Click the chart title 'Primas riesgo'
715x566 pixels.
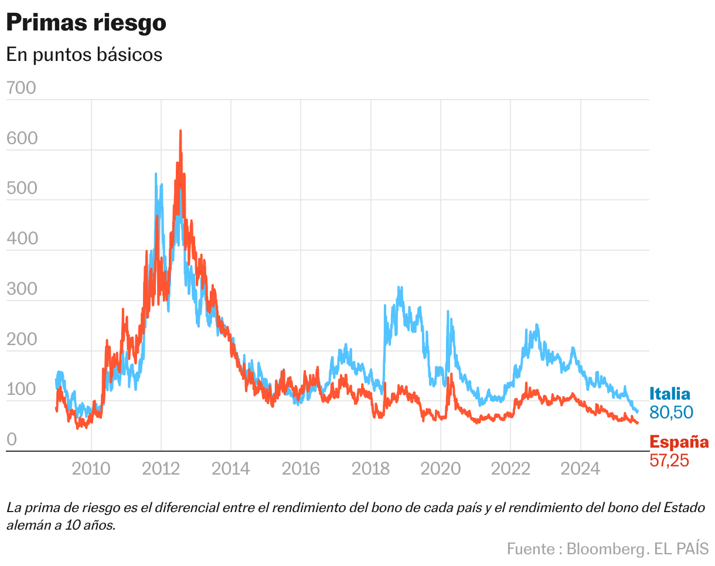pos(86,23)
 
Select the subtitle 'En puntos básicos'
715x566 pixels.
pos(84,54)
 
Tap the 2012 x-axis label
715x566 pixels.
pos(161,469)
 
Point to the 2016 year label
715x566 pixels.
pos(301,469)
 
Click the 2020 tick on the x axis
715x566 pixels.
pos(441,469)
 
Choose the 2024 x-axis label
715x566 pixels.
pos(580,469)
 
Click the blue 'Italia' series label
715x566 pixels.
pos(670,394)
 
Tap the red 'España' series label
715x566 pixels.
pos(679,442)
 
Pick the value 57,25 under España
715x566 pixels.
pos(669,461)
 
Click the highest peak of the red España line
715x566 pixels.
pos(180,131)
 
